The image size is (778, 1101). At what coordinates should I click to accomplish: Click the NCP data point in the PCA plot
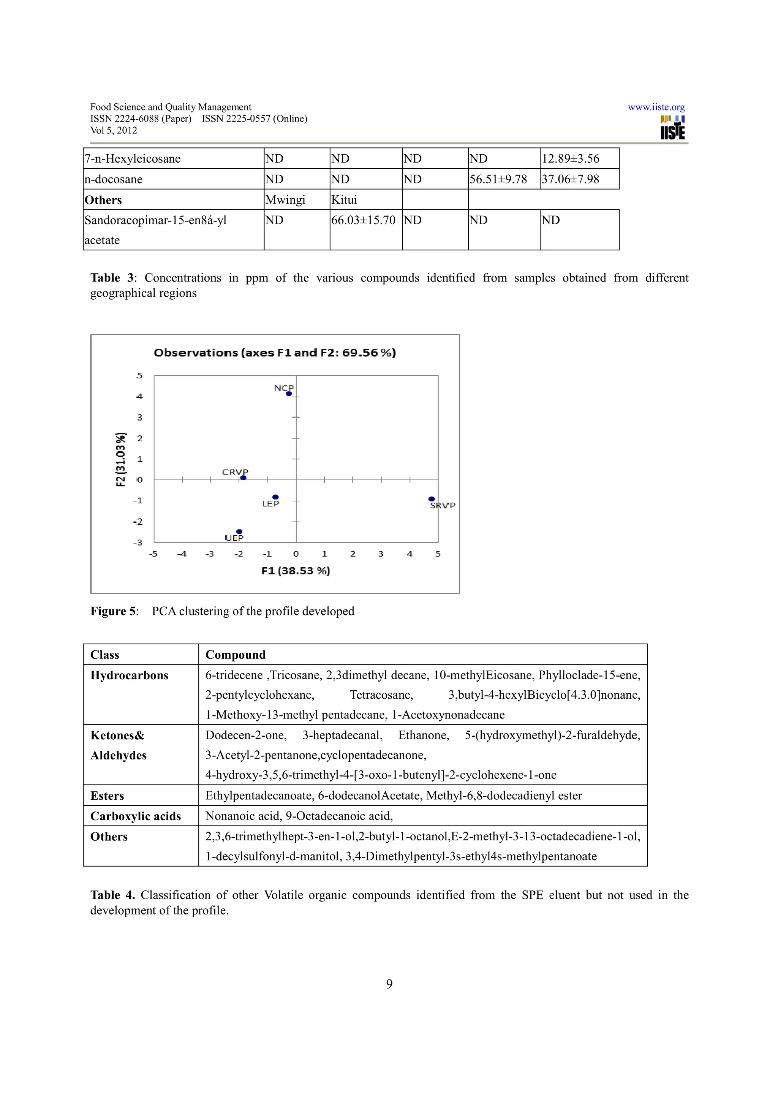point(289,394)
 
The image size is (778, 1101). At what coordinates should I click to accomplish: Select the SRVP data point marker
point(432,499)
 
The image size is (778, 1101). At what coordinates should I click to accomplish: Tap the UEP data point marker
point(239,532)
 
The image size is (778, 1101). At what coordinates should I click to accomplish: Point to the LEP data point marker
point(275,497)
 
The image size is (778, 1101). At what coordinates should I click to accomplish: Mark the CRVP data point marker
point(243,478)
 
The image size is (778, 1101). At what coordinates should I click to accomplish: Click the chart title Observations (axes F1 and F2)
point(275,353)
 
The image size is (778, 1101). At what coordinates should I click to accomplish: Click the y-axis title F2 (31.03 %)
point(121,459)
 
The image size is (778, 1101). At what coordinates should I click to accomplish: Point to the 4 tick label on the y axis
point(139,397)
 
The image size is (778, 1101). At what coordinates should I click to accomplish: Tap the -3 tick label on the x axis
point(209,554)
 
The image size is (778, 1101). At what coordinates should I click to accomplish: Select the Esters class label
point(108,796)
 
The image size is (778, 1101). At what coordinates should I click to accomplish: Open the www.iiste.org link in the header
point(656,108)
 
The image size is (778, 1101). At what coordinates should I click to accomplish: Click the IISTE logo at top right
point(672,128)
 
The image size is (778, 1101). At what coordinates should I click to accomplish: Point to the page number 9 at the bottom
point(389,984)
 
